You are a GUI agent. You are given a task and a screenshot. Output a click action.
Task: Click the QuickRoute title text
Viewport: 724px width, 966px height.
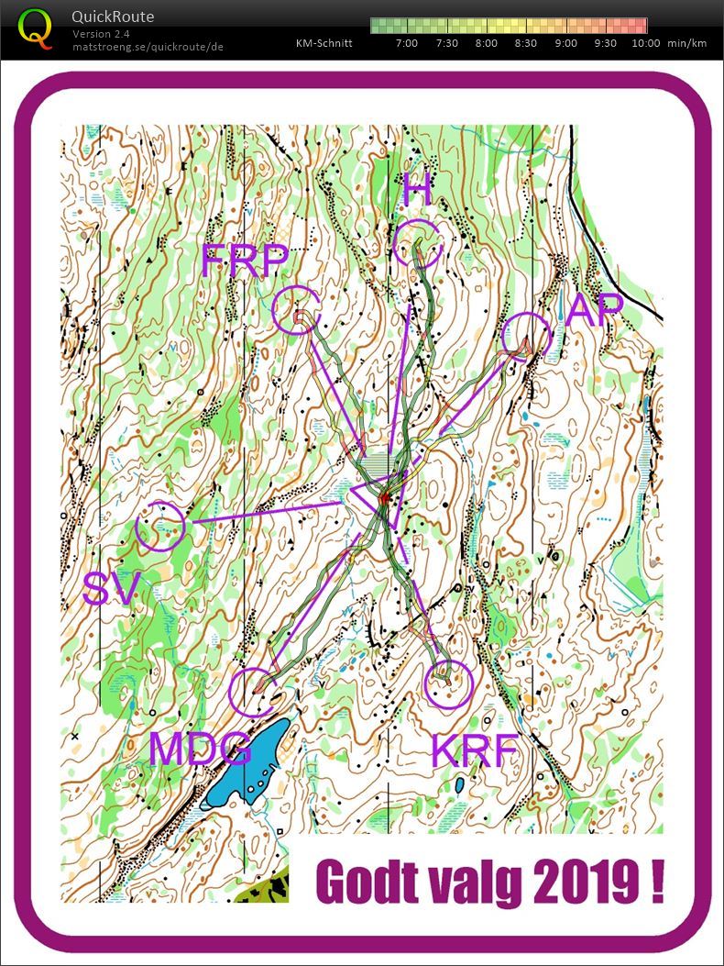(x=113, y=17)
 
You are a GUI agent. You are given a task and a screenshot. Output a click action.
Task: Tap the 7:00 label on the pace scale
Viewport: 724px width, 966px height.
(x=406, y=43)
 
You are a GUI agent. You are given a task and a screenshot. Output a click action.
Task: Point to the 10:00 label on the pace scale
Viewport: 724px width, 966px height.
(x=645, y=43)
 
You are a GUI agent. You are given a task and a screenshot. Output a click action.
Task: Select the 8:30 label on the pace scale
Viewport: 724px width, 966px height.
(x=526, y=43)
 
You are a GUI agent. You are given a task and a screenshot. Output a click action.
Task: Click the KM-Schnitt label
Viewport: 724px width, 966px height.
(x=324, y=43)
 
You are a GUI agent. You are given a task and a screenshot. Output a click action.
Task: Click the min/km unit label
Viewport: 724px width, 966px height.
(x=687, y=43)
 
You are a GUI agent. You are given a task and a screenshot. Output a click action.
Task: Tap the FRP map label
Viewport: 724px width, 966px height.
(x=245, y=262)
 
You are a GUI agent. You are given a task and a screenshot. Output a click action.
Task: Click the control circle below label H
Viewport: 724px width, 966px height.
(x=420, y=243)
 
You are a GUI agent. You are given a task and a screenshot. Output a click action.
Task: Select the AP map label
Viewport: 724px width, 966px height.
(x=595, y=310)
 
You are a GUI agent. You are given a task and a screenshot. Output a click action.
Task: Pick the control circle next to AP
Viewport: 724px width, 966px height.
(x=527, y=337)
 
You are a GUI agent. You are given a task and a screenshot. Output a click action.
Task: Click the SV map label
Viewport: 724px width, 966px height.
(x=111, y=590)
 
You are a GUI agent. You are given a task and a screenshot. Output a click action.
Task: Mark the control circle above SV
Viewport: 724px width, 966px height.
(x=160, y=527)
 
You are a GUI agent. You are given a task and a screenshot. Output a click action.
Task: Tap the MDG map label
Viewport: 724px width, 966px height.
(x=201, y=749)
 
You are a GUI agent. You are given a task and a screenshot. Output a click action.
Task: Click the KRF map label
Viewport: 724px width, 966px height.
(x=475, y=750)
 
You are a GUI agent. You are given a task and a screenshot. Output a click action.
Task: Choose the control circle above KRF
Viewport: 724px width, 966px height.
(x=449, y=684)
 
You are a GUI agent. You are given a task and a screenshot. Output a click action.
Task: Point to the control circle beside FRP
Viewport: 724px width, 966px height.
(x=297, y=309)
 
